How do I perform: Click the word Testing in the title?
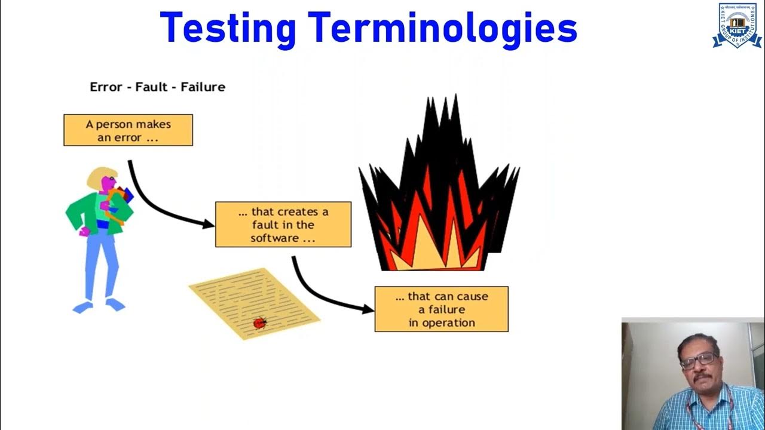tap(228, 28)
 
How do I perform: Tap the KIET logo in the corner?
tap(736, 25)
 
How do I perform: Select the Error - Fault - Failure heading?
tap(157, 87)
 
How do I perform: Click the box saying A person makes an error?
tap(128, 130)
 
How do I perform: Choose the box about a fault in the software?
tap(283, 225)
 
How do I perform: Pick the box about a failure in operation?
tap(441, 309)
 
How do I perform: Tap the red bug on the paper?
tap(259, 323)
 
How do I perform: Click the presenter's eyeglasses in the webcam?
tap(698, 360)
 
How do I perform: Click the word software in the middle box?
tap(274, 238)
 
